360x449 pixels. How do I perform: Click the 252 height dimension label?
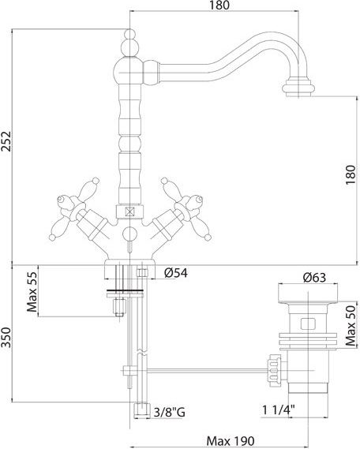point(6,141)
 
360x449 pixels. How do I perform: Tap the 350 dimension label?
point(6,337)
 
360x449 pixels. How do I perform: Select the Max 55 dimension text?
point(32,292)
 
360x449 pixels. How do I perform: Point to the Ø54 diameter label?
point(176,273)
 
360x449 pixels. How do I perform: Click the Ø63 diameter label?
point(314,277)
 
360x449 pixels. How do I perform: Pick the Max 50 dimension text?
point(351,326)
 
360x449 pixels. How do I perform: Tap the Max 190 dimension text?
point(231,440)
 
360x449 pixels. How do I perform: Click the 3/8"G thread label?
point(170,413)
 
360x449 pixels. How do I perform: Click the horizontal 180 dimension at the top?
point(219,6)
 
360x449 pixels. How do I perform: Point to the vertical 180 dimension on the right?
point(351,174)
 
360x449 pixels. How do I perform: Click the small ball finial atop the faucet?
point(130,34)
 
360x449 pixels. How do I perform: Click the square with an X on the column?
point(130,212)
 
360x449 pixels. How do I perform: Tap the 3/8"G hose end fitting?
point(142,410)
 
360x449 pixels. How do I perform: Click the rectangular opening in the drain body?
point(308,324)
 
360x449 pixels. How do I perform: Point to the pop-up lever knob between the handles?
point(129,234)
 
